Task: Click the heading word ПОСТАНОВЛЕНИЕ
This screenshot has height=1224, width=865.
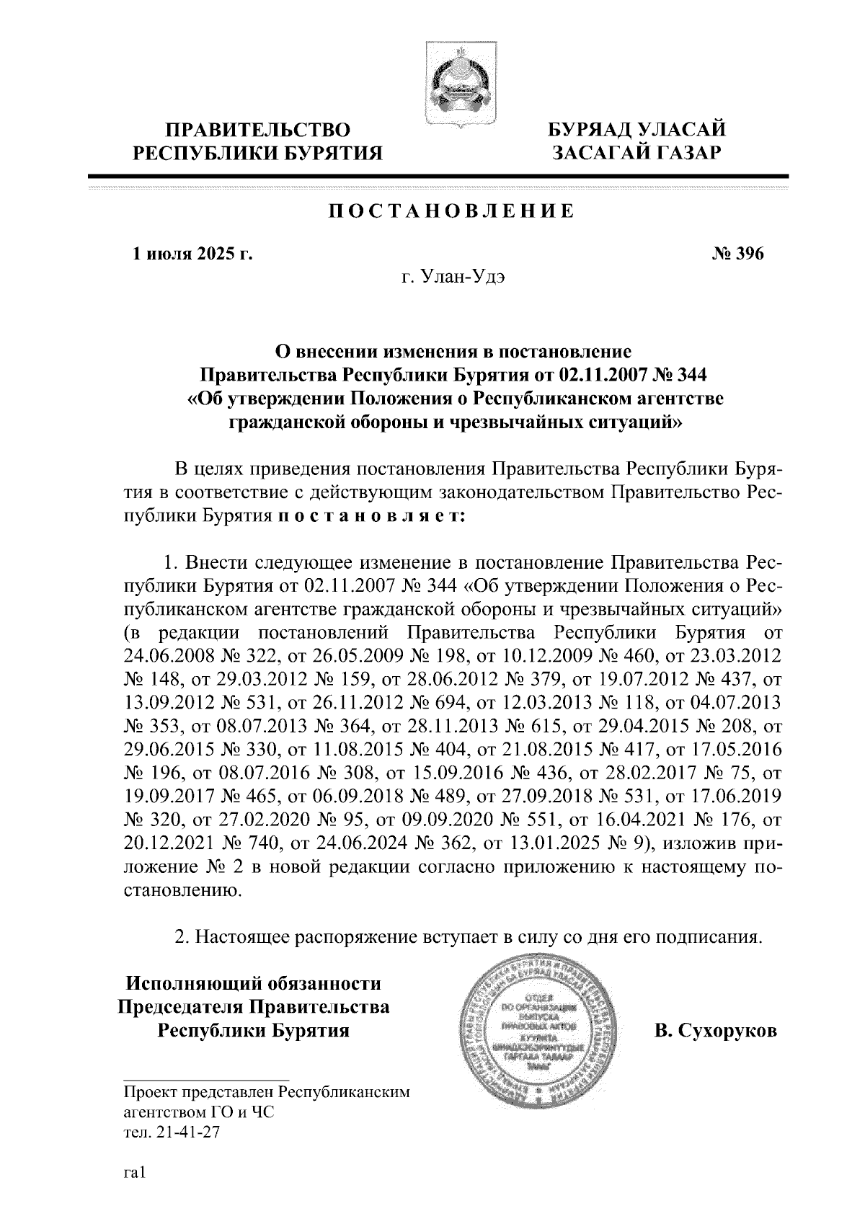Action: click(451, 212)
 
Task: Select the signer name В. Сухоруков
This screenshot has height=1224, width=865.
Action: click(715, 1031)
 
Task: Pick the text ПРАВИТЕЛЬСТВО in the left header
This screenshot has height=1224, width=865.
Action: click(259, 130)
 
